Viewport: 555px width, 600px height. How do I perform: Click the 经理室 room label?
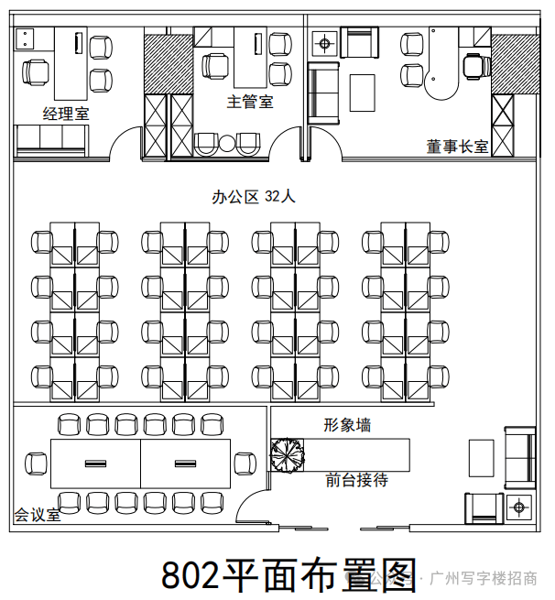(x=65, y=113)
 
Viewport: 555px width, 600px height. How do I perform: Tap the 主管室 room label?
(x=250, y=102)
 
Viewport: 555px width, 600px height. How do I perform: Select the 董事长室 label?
(x=457, y=146)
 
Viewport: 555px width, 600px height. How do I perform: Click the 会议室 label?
(x=37, y=515)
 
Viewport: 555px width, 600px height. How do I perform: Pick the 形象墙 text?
(x=347, y=425)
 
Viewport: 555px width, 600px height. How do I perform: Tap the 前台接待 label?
(x=356, y=480)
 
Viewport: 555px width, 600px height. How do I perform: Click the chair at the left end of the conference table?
(x=36, y=464)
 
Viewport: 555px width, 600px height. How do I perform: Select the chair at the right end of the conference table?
(x=245, y=464)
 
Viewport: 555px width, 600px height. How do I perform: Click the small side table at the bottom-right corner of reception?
(x=518, y=506)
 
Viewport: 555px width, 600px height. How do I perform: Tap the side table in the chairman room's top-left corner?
(x=323, y=41)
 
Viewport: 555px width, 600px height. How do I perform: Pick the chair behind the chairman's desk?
(x=474, y=65)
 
